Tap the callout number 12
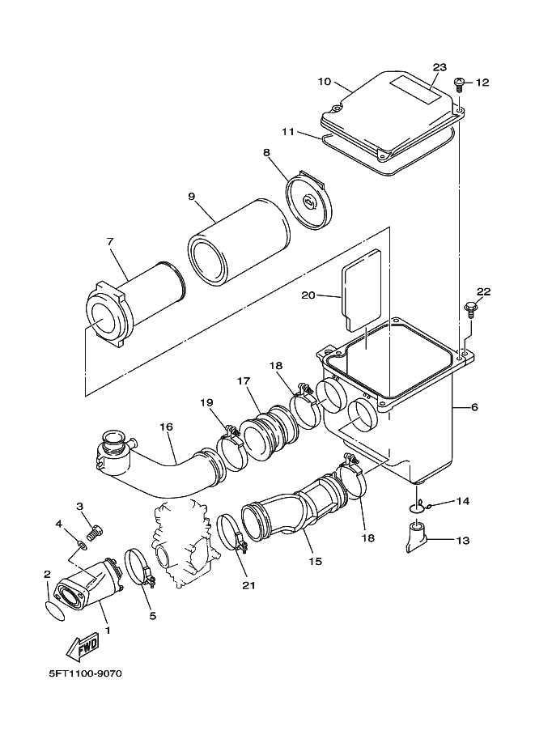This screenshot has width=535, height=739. coord(483,83)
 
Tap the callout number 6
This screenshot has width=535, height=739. coord(473,406)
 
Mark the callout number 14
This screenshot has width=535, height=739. coord(462,502)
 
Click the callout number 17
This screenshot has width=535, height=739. coord(243,380)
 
